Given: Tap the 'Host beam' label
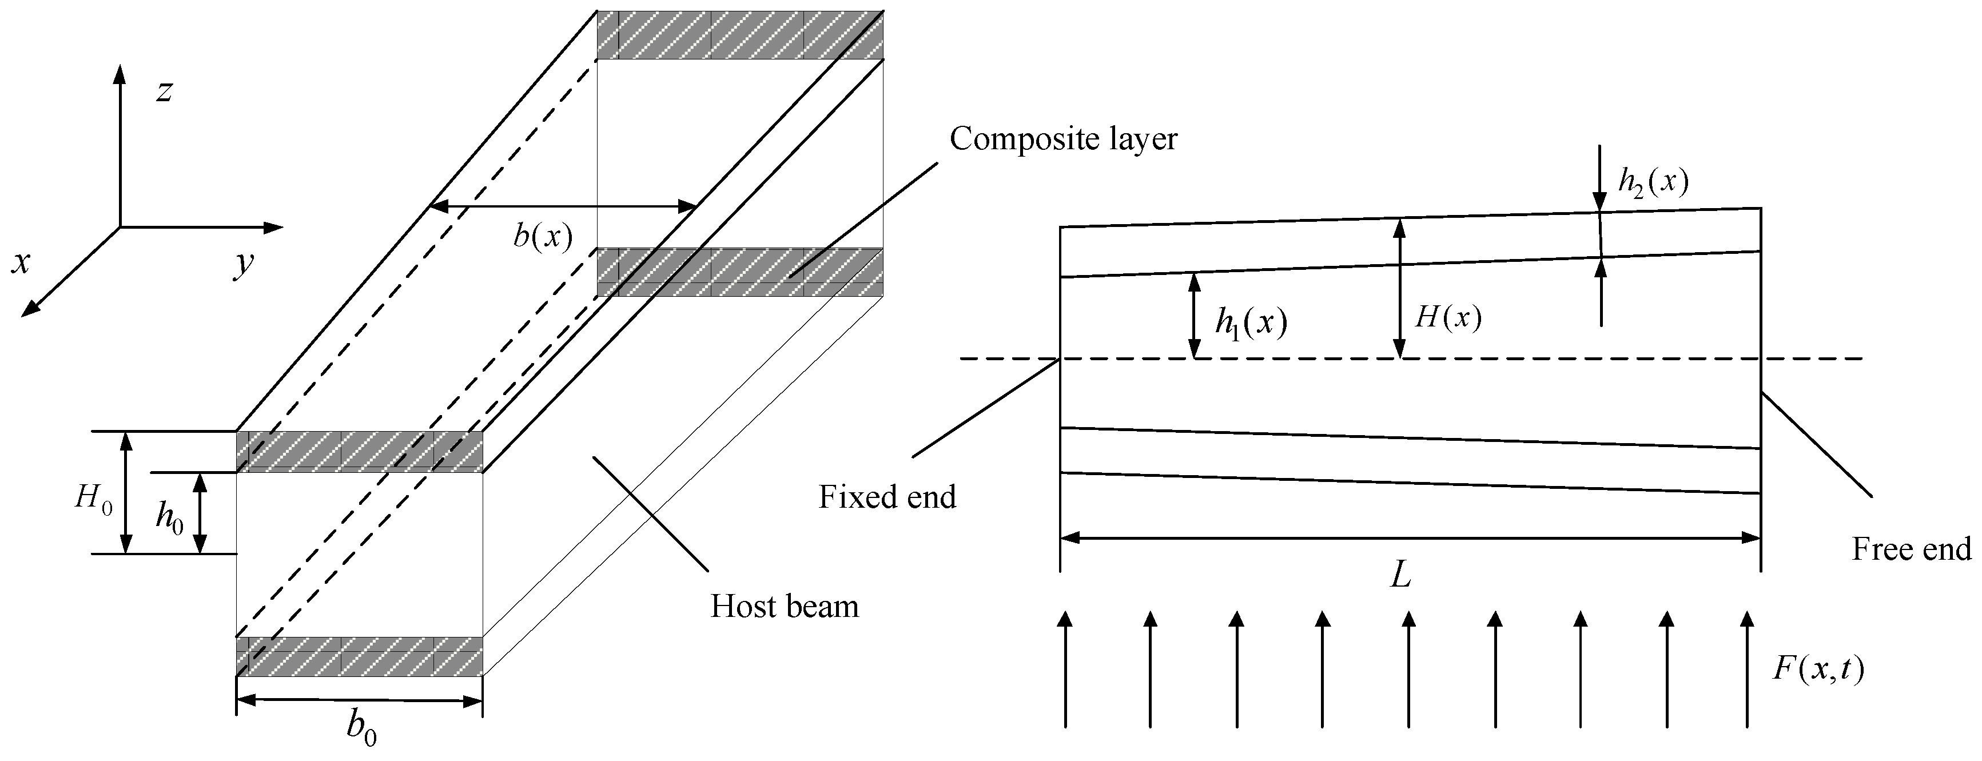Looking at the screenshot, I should [783, 606].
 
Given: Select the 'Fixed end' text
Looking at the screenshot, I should [886, 497].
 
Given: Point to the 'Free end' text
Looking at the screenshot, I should [1911, 549].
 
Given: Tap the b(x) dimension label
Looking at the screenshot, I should [543, 236].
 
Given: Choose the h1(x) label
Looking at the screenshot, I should [1250, 323].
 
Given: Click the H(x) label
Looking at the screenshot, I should [1448, 317].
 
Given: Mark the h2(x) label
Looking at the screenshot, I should [1653, 182].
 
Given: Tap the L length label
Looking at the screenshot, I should [1400, 575].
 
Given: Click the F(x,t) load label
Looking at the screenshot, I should [1818, 669].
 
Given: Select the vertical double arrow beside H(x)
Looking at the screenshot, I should [1400, 289].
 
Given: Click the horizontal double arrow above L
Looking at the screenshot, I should [1410, 539].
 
